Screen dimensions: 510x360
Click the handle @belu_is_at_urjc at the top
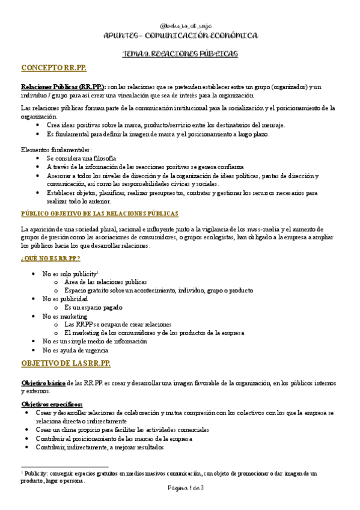pyautogui.click(x=180, y=27)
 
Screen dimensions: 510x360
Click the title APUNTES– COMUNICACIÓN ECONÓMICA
pyautogui.click(x=180, y=37)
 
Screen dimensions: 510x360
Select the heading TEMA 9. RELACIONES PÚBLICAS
pyautogui.click(x=180, y=54)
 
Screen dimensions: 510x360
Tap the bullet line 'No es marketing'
pyautogui.click(x=65, y=316)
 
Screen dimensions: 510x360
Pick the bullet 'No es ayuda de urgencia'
pyautogui.click(x=75, y=349)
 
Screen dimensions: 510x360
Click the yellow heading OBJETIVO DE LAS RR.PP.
pyautogui.click(x=66, y=364)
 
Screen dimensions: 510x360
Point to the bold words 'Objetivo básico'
pyautogui.click(x=43, y=382)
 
